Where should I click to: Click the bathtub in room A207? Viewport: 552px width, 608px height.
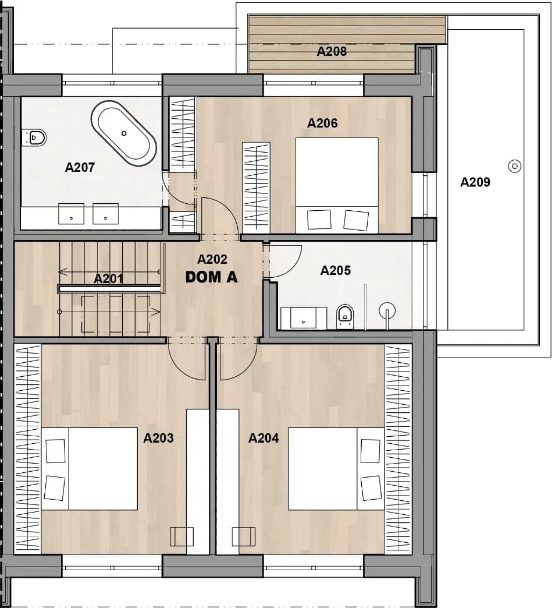coord(124,133)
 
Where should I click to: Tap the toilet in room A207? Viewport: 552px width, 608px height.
coord(34,137)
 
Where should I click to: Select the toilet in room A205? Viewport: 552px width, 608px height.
coord(345,316)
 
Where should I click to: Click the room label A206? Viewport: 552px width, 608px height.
coord(322,123)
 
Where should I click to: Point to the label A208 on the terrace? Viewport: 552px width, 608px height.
coord(332,51)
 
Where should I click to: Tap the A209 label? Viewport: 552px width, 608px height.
coord(475,182)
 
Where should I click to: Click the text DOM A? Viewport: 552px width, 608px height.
coord(212,277)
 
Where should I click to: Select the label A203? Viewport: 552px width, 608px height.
coord(158,438)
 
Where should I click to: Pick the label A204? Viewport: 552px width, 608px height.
coord(263,438)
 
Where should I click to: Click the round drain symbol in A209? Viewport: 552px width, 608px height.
coord(515,167)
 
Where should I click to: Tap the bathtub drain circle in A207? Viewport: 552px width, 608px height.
coord(124,133)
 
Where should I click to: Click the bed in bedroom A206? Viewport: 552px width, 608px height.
coord(337,185)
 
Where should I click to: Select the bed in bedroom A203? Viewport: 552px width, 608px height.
coord(90,469)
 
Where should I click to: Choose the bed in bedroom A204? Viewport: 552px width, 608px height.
coord(336,469)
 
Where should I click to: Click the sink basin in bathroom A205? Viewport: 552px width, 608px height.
coord(303,318)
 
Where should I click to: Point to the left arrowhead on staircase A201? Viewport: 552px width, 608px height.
coord(62,272)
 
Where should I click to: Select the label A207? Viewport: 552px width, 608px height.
coord(80,167)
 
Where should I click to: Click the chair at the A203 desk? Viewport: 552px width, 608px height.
coord(181,537)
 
